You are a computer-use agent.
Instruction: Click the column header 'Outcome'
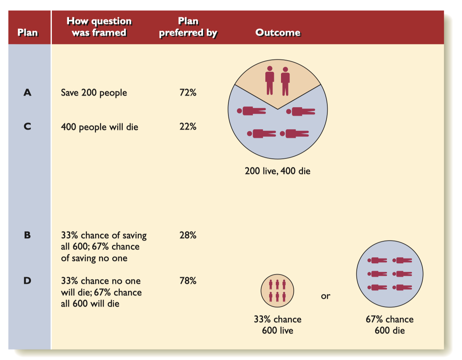click(x=278, y=32)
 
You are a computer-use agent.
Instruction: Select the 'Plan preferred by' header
click(x=188, y=27)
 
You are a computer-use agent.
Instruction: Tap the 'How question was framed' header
click(x=99, y=27)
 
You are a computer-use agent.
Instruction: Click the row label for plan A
click(x=27, y=93)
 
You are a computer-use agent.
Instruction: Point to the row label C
click(x=27, y=126)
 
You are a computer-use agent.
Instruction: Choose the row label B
click(x=27, y=235)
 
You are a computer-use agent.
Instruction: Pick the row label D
click(x=27, y=280)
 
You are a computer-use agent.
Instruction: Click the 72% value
click(x=188, y=93)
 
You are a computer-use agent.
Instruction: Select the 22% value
click(x=188, y=127)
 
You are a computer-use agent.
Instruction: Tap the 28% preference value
click(x=188, y=235)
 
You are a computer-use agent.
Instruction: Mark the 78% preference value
click(x=188, y=280)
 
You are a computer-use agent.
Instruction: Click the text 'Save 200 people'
click(x=94, y=93)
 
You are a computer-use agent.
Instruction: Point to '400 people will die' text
click(x=100, y=127)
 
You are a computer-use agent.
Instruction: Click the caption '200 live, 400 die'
click(x=277, y=171)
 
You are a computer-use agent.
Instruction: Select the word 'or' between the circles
click(x=325, y=296)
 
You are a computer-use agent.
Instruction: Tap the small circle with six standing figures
click(x=277, y=291)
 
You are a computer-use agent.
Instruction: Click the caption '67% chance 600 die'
click(x=390, y=325)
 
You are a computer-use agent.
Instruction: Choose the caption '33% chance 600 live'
click(x=277, y=325)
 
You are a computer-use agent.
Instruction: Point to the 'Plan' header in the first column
click(x=28, y=32)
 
